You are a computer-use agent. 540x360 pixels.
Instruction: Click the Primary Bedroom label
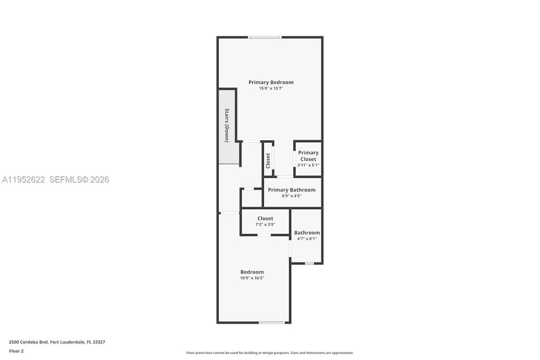click(271, 82)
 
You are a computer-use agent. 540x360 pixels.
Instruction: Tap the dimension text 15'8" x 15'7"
click(271, 89)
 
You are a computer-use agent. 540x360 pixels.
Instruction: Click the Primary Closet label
click(308, 156)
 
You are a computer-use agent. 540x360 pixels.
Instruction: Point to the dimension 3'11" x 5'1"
click(308, 165)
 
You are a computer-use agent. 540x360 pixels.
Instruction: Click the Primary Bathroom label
click(292, 190)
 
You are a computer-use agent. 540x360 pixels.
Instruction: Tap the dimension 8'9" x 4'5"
click(292, 196)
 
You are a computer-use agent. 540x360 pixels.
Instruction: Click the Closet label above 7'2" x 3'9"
click(265, 218)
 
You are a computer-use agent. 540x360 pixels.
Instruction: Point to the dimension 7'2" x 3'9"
click(265, 225)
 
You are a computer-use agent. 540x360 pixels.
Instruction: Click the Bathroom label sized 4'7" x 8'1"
click(307, 232)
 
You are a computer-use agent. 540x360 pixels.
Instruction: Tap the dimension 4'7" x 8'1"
click(307, 239)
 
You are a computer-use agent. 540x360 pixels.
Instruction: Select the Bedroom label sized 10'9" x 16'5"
click(252, 272)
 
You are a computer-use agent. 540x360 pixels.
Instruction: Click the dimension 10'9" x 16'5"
click(252, 278)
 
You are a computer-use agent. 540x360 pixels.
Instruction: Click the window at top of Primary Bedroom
click(265, 37)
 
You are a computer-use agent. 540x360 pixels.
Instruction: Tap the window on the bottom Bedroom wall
click(272, 322)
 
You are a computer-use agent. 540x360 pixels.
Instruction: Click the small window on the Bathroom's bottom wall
click(309, 263)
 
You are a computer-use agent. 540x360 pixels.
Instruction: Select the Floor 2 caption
click(16, 351)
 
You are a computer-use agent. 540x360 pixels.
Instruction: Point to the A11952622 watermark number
click(24, 180)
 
